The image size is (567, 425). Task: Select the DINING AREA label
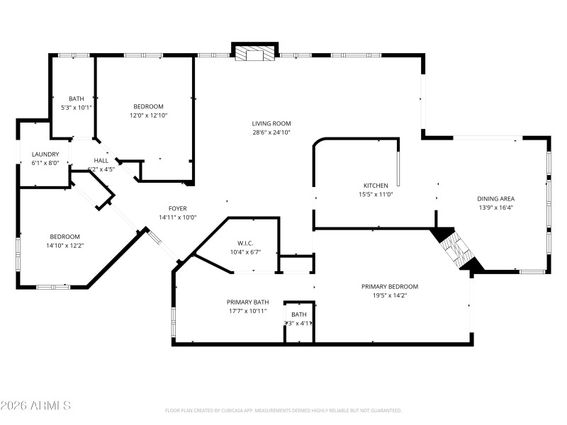pyautogui.click(x=495, y=198)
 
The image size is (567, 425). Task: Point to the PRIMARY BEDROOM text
pyautogui.click(x=390, y=286)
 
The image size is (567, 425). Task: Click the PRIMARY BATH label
pyautogui.click(x=247, y=301)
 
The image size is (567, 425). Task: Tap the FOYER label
pyautogui.click(x=178, y=208)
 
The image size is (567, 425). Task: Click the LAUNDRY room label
pyautogui.click(x=45, y=154)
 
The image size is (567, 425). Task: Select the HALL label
pyautogui.click(x=101, y=160)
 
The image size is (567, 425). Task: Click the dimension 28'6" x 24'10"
pyautogui.click(x=271, y=132)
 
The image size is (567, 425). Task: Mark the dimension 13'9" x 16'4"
pyautogui.click(x=495, y=208)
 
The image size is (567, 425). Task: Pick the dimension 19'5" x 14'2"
pyautogui.click(x=390, y=295)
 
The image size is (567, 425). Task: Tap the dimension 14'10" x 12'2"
pyautogui.click(x=64, y=246)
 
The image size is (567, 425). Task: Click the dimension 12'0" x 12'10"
pyautogui.click(x=148, y=115)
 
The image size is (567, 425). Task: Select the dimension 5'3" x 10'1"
pyautogui.click(x=77, y=108)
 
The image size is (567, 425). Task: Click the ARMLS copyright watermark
pyautogui.click(x=35, y=406)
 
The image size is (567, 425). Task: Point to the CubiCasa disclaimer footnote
pyautogui.click(x=283, y=410)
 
